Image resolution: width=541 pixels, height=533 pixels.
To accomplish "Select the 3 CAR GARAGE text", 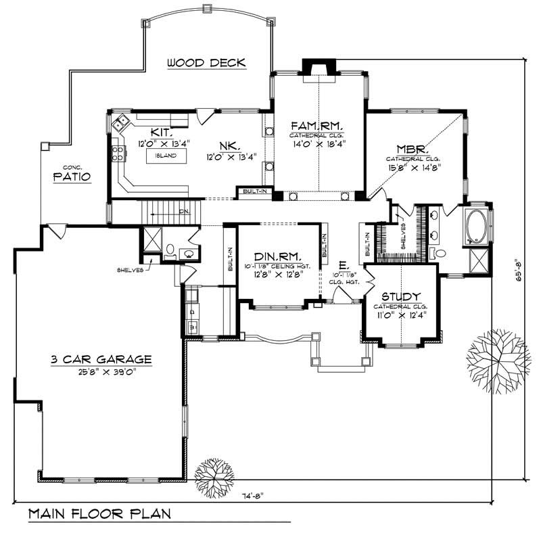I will (x=101, y=360).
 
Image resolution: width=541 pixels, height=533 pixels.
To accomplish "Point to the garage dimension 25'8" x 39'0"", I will (x=101, y=373).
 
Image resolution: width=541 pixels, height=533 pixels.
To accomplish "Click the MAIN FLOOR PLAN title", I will (x=99, y=513).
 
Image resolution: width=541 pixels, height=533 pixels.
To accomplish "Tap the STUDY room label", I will (x=402, y=297).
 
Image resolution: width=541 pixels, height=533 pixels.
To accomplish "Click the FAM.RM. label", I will (x=316, y=126).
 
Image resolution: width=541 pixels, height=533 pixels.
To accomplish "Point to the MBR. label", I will (x=410, y=149).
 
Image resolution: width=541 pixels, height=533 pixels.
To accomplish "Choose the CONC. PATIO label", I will (x=72, y=174).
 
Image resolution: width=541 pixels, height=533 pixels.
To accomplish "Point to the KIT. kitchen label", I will (x=160, y=133).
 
